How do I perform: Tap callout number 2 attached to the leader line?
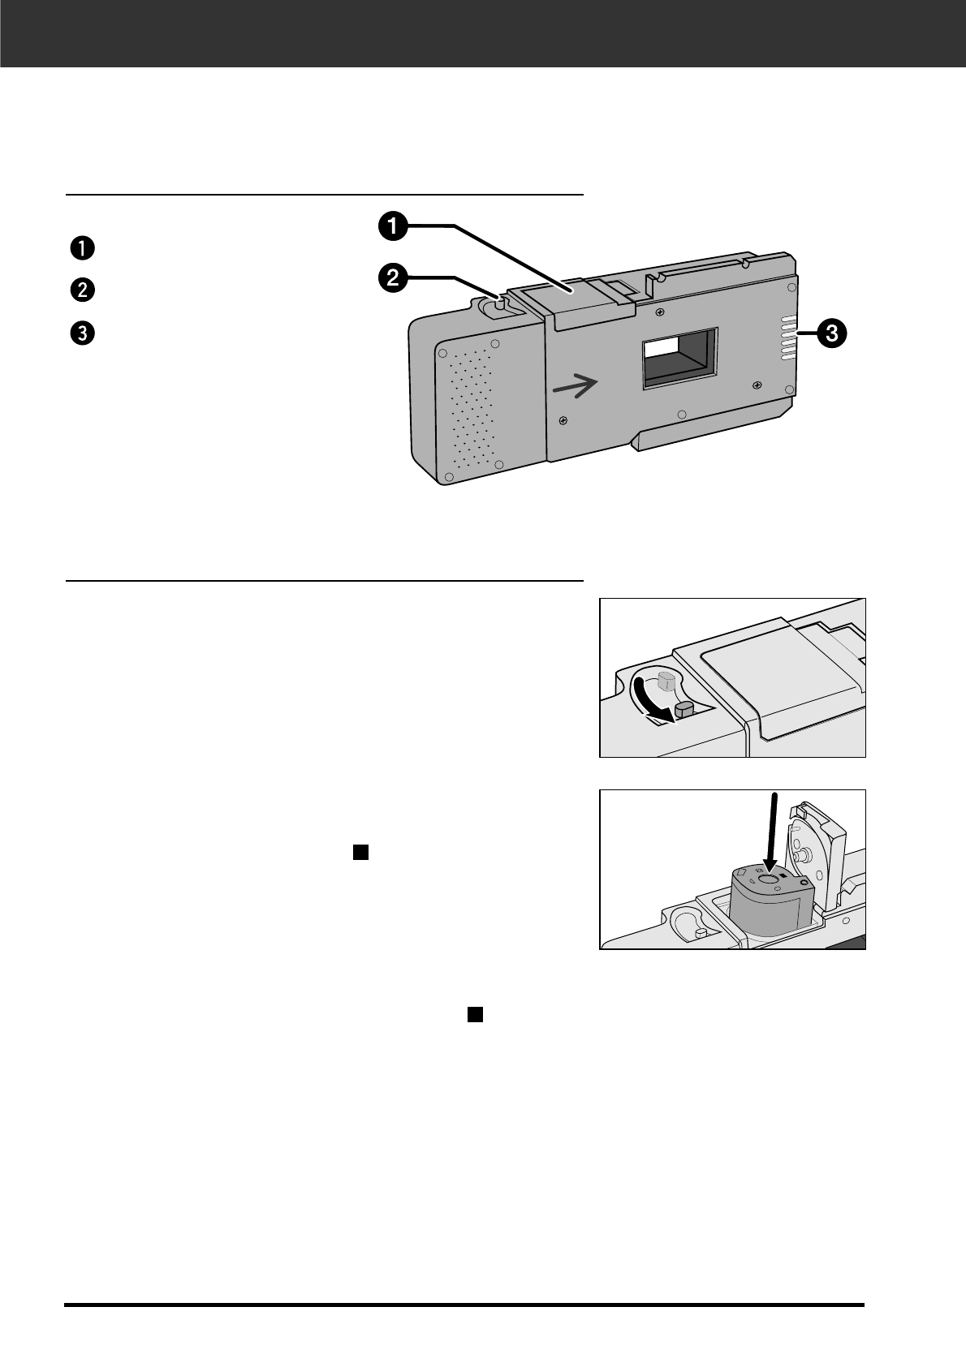(391, 279)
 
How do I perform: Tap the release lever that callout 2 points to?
(497, 303)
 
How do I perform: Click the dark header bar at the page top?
(483, 33)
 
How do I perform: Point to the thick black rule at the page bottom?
(464, 1305)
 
